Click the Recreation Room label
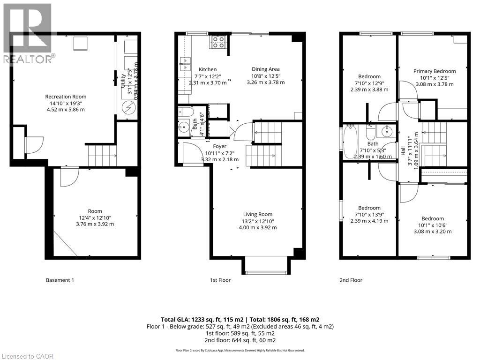(66, 97)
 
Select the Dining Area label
(265, 69)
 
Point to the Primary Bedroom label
(435, 71)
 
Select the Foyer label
(219, 147)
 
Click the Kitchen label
(207, 69)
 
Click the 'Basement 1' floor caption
(60, 280)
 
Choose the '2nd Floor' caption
(351, 280)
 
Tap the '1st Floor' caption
(220, 280)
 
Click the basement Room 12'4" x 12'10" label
(95, 211)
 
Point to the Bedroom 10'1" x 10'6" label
(432, 218)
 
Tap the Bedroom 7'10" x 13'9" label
(369, 208)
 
